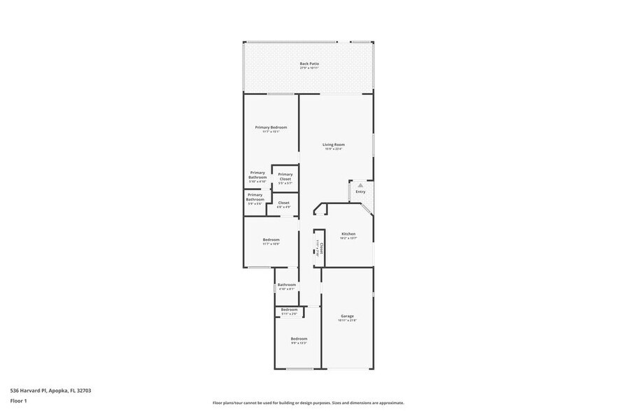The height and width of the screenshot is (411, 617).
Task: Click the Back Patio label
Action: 309,64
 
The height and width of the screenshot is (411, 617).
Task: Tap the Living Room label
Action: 334,145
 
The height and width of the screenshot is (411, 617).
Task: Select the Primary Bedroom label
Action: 271,127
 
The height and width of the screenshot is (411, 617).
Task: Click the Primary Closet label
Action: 285,176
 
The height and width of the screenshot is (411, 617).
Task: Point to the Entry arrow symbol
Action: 361,185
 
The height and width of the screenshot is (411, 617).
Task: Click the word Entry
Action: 360,192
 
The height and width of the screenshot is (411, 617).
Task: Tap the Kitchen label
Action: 348,233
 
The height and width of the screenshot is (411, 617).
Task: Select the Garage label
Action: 348,316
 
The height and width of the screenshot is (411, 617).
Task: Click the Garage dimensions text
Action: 348,321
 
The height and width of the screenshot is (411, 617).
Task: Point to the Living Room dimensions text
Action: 334,149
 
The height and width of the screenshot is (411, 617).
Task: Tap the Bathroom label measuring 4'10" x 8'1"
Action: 287,284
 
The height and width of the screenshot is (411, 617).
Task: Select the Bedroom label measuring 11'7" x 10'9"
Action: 271,240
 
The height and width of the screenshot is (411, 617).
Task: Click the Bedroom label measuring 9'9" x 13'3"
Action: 299,338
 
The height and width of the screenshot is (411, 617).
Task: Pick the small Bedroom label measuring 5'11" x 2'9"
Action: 289,310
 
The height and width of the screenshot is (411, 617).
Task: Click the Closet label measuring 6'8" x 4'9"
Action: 283,203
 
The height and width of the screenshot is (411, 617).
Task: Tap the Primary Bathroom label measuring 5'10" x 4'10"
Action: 257,175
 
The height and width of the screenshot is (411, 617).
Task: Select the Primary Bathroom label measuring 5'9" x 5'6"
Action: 255,197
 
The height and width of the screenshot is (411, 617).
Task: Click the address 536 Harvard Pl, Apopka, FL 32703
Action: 50,391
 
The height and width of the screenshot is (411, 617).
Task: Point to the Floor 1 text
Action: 18,401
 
